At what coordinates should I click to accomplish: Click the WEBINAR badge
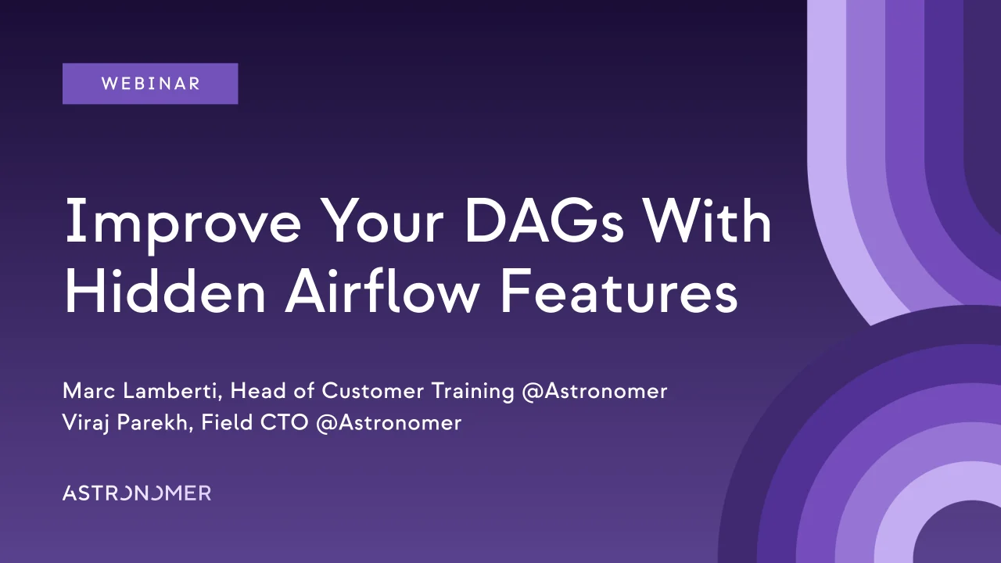[150, 84]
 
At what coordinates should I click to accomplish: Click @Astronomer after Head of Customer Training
[594, 391]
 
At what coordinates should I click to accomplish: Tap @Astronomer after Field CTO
[389, 423]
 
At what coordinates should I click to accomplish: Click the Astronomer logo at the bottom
[137, 493]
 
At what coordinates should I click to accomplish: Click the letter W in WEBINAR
[108, 84]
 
